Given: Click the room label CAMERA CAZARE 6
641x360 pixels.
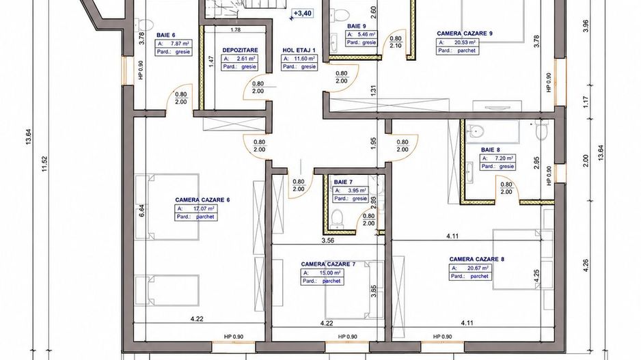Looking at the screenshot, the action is coord(202,200).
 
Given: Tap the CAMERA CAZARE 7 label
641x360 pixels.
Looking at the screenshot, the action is coord(328,264).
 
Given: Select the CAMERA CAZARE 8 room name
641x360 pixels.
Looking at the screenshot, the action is coord(477,259).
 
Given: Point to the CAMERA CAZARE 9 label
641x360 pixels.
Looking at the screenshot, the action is coord(465,33).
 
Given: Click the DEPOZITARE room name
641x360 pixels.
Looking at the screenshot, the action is coord(240,51).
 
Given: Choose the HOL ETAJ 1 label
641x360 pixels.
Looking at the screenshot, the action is coord(299,51).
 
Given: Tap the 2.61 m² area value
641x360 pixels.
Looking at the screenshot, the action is coord(248,59).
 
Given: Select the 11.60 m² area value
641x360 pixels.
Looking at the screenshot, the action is coord(305,59).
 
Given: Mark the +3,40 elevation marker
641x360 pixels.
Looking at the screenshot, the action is coord(302,14).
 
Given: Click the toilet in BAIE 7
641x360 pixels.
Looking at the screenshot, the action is coord(338,218).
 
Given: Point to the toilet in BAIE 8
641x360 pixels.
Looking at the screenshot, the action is coord(541,130).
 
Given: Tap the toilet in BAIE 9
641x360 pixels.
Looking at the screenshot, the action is coord(340,14).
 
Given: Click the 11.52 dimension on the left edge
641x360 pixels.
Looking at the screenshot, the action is coord(44,164).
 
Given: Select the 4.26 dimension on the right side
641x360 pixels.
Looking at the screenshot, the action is coord(586,266).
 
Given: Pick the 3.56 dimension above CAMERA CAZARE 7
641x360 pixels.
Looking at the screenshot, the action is coord(328,240).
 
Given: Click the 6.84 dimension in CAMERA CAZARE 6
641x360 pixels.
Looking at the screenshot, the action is coord(141,210).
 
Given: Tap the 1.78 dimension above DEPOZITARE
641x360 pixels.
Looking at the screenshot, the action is coord(236,30).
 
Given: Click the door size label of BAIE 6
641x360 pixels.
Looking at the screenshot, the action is coord(180,98).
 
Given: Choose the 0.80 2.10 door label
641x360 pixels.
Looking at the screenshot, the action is coord(395,42).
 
